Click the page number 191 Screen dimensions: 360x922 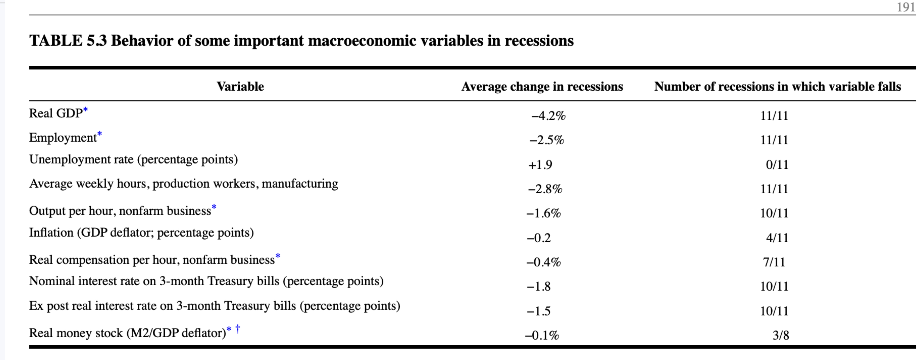[906, 7]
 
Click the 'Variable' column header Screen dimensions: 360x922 [240, 87]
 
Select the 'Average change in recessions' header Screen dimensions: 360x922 [542, 87]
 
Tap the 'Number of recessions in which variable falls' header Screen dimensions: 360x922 [777, 87]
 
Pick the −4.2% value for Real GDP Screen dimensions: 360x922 [548, 116]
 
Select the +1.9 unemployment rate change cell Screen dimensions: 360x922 [540, 165]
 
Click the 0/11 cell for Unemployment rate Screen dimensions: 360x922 [777, 165]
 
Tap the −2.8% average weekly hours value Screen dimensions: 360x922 [545, 189]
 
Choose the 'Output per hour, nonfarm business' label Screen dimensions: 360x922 [120, 211]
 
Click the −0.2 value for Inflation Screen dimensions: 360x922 [539, 238]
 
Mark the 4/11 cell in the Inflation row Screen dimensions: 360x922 [777, 238]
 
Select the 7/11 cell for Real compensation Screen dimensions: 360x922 [774, 262]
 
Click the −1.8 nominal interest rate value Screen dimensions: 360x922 [539, 287]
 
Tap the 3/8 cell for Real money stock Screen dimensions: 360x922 [781, 335]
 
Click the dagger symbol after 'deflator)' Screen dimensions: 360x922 [237, 328]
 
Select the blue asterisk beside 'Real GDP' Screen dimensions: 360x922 [86, 110]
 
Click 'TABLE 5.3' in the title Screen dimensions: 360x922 [68, 40]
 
